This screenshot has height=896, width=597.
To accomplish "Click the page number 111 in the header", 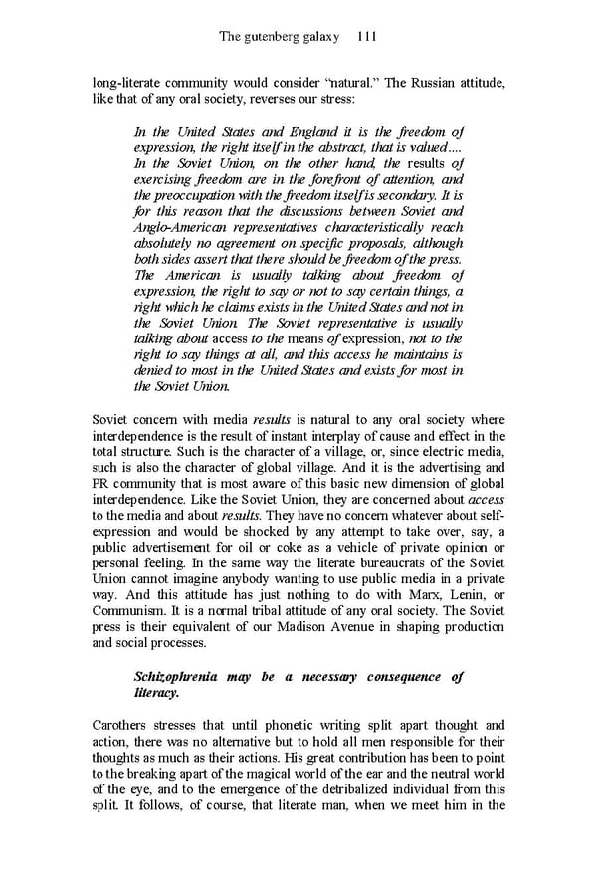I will tap(365, 37).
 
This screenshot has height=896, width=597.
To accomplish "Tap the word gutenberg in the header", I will tap(280, 37).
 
